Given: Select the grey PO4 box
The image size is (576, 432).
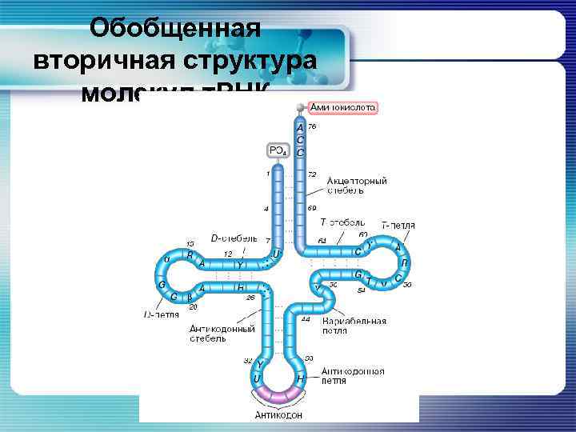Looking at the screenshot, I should pyautogui.click(x=278, y=150).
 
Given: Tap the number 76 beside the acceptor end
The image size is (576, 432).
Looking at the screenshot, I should pyautogui.click(x=312, y=126).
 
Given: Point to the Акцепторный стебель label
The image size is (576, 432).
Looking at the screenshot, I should pyautogui.click(x=356, y=186).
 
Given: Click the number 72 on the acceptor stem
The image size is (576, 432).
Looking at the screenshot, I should pyautogui.click(x=312, y=174).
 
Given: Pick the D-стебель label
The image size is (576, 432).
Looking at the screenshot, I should pyautogui.click(x=234, y=238).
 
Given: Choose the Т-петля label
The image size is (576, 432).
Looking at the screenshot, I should pyautogui.click(x=398, y=225).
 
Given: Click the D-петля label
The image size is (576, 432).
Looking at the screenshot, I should pyautogui.click(x=161, y=314).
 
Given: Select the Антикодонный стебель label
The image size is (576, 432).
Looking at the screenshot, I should pyautogui.click(x=222, y=333).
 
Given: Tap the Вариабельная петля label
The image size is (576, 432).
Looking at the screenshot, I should pyautogui.click(x=354, y=325).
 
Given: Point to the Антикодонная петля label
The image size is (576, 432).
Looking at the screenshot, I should pyautogui.click(x=352, y=376).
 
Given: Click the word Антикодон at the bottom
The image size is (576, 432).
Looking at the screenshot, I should pyautogui.click(x=278, y=414).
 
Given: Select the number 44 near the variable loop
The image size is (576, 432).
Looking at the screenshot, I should pyautogui.click(x=306, y=318).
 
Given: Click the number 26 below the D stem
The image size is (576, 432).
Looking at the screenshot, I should pyautogui.click(x=250, y=298).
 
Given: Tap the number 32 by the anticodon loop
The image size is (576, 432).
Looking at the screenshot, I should pyautogui.click(x=248, y=360).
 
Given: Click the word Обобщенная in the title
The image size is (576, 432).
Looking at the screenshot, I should pyautogui.click(x=176, y=29).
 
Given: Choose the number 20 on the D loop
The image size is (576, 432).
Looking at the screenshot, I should pyautogui.click(x=192, y=306).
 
